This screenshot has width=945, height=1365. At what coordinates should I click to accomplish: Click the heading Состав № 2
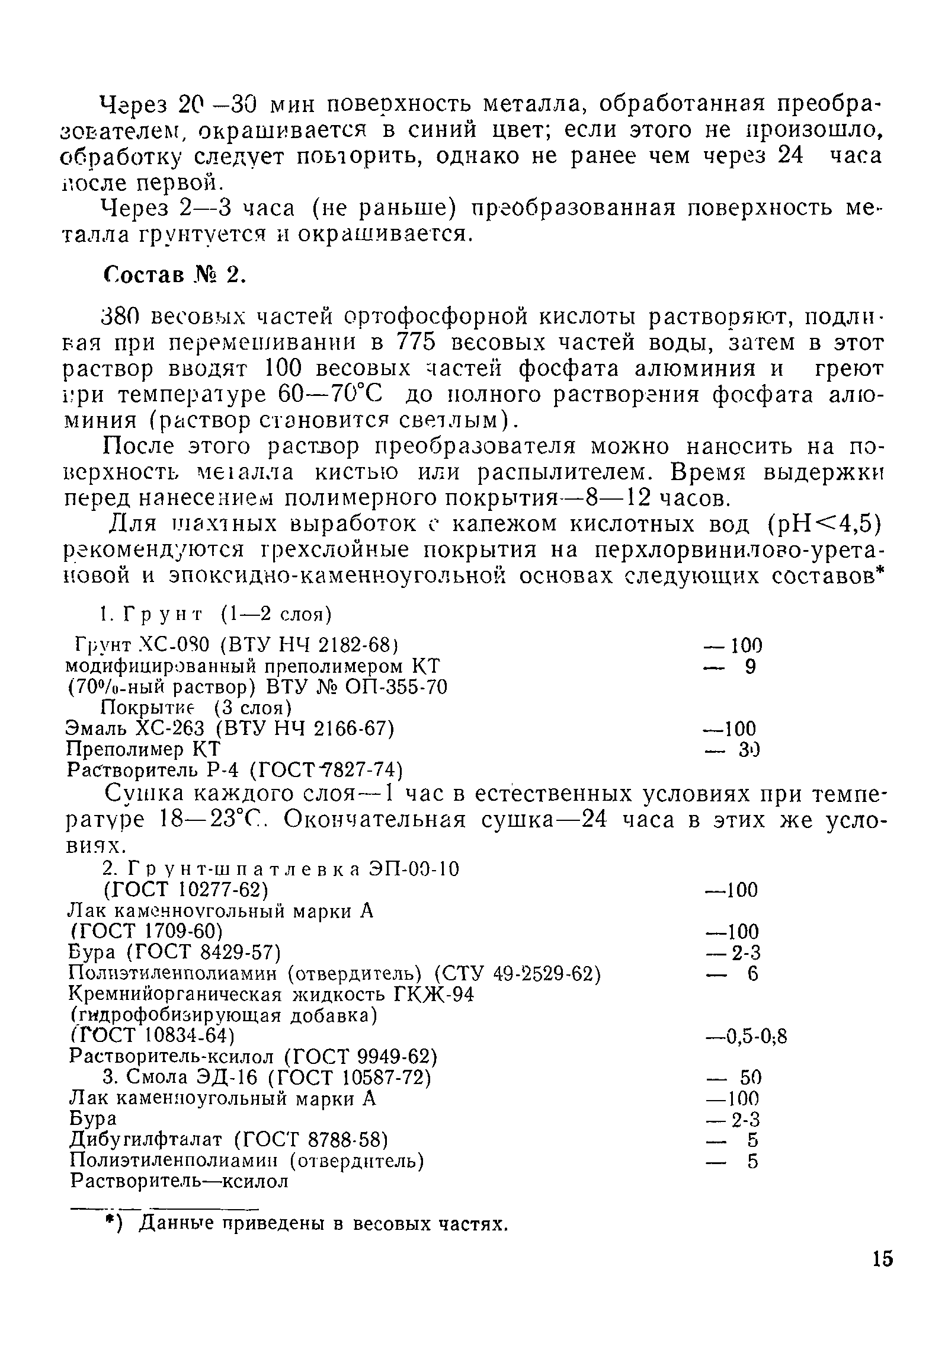(174, 275)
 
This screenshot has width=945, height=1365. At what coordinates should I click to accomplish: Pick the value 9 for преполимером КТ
(750, 667)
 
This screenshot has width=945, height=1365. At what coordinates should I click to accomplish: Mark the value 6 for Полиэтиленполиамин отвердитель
(751, 974)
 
